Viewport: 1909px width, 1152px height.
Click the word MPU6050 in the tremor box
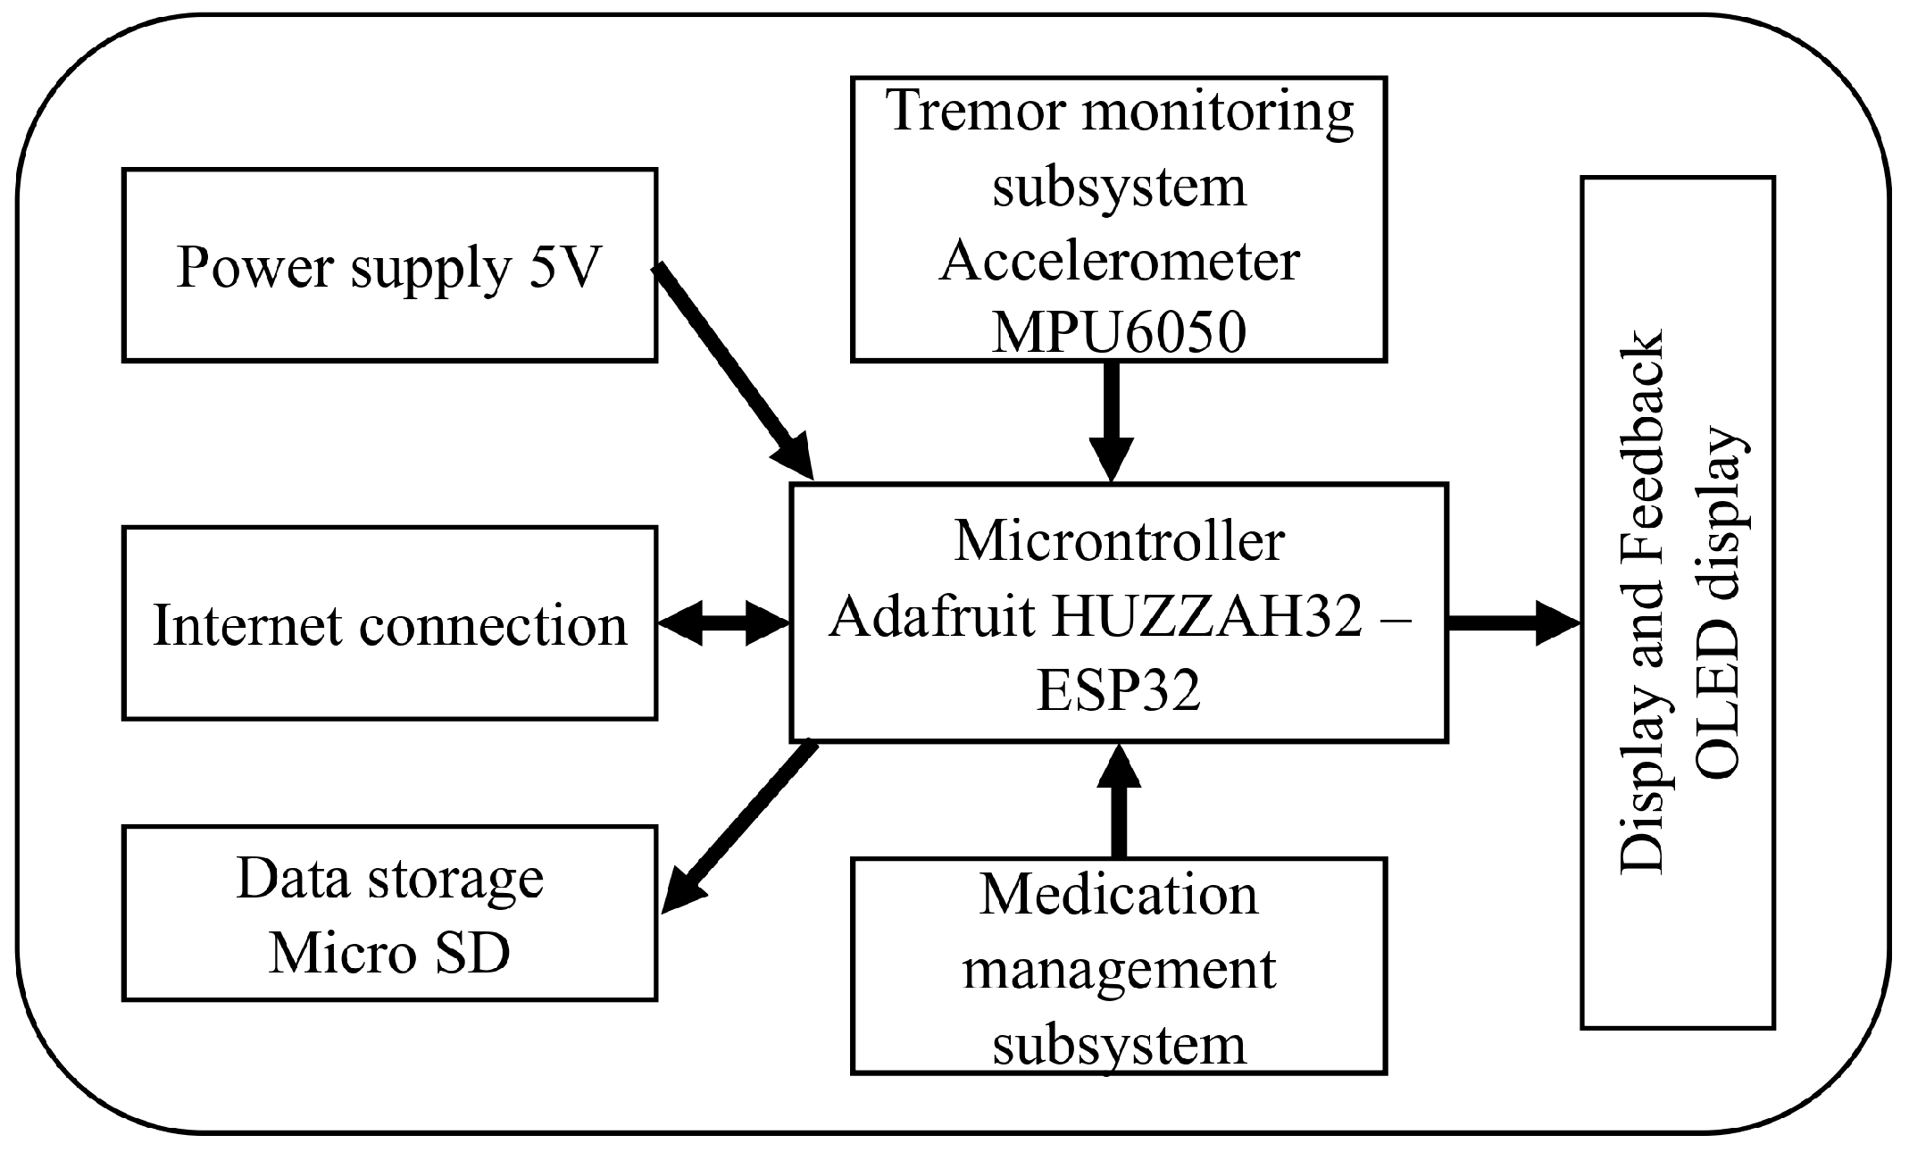click(x=1119, y=334)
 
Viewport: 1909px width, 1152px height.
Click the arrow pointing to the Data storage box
click(x=741, y=826)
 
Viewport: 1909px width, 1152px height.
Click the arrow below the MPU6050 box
click(x=1112, y=420)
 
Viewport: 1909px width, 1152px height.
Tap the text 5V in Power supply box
click(x=565, y=266)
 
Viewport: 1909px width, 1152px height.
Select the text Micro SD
click(x=389, y=953)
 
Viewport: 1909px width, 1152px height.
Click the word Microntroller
click(x=1119, y=541)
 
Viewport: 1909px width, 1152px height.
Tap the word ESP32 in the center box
click(x=1119, y=690)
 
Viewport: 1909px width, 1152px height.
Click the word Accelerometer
click(x=1119, y=260)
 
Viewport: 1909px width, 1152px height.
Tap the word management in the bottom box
click(x=1119, y=969)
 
